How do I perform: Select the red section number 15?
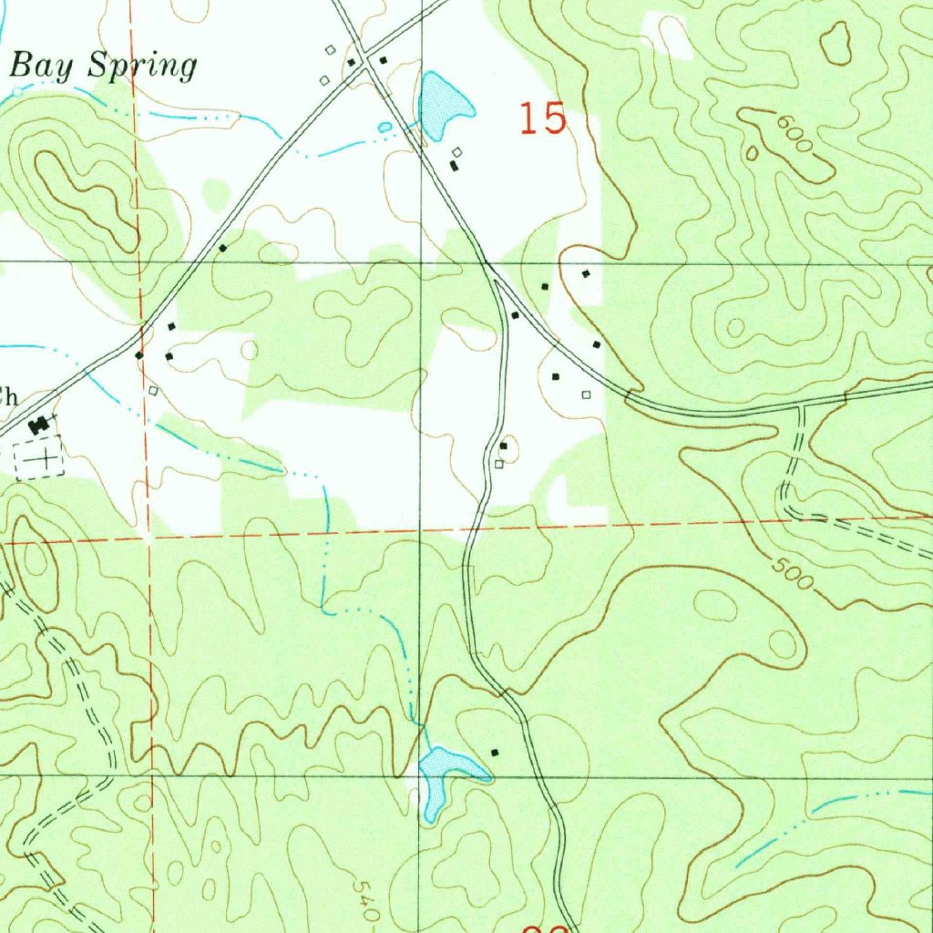[543, 119]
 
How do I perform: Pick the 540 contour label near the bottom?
[365, 900]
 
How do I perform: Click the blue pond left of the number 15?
[443, 102]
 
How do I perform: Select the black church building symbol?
[39, 424]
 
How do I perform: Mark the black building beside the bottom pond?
[495, 753]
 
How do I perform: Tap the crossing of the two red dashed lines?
[149, 538]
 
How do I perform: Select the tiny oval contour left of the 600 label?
[752, 153]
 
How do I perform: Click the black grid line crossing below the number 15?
[421, 263]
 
